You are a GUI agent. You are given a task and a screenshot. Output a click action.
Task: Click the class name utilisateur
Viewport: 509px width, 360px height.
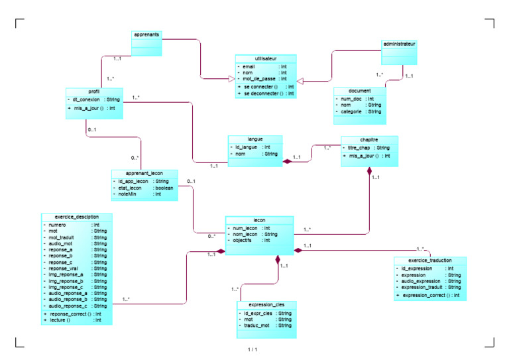tap(265, 59)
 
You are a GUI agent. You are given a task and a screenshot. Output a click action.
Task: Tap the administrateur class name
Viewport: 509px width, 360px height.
tap(400, 44)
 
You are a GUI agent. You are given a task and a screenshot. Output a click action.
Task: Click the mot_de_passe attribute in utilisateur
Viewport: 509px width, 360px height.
tap(256, 79)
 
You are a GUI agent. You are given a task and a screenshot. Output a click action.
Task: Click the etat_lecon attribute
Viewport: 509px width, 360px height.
tap(129, 188)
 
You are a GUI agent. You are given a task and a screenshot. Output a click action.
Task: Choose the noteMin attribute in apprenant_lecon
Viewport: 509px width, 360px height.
tap(127, 194)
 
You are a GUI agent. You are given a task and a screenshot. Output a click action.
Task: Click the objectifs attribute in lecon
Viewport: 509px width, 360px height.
tap(246, 241)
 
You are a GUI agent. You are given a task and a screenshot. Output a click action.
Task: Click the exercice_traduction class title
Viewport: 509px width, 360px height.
tap(430, 261)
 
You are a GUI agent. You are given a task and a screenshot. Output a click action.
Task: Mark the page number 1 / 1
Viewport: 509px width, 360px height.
tap(253, 349)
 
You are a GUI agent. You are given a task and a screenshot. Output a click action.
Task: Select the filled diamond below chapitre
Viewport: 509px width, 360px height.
tap(370, 170)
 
